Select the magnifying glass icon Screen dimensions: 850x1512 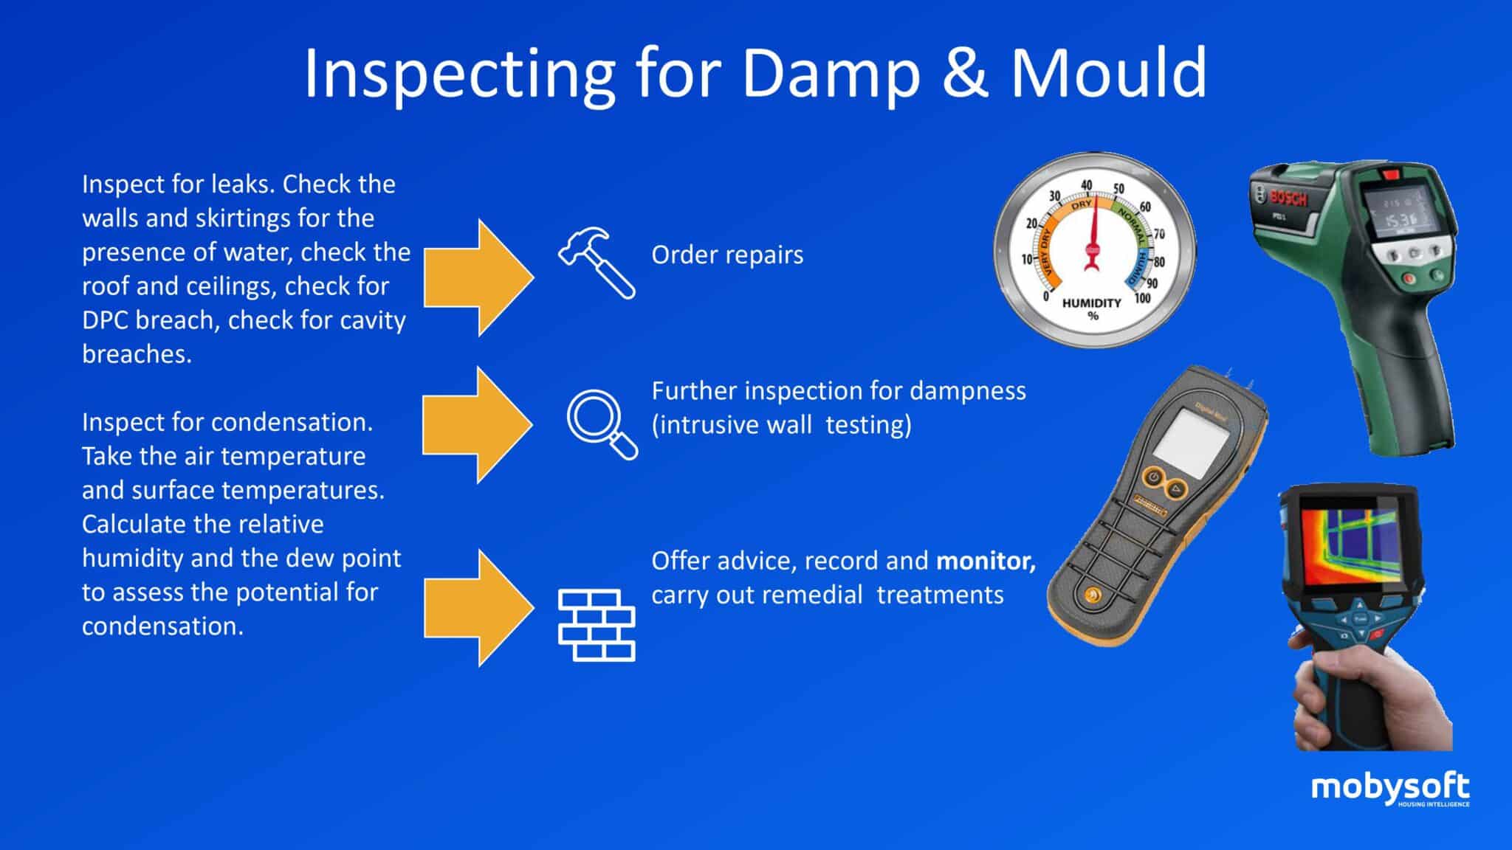(601, 424)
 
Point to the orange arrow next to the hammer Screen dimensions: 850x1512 (478, 277)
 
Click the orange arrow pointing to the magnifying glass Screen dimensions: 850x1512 (477, 424)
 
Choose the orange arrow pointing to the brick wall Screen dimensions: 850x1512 (478, 608)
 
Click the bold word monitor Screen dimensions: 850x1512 (986, 561)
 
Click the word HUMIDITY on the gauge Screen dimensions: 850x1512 (1091, 303)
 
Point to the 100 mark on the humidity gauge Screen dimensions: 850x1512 (1142, 298)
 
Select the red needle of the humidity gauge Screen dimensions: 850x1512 (1093, 236)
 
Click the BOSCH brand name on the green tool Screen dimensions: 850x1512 (1288, 197)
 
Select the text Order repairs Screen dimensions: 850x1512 (727, 255)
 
